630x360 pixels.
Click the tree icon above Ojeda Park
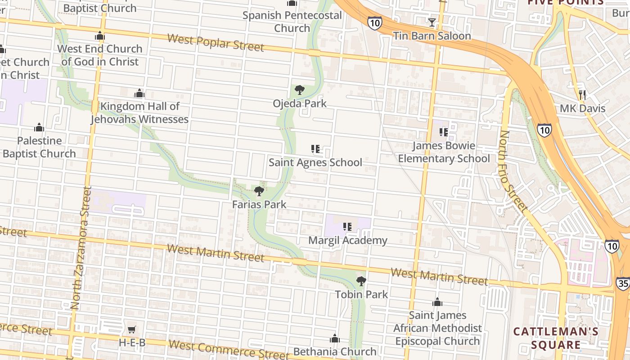pos(300,90)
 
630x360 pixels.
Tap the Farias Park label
pos(259,204)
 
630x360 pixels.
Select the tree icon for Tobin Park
pos(361,281)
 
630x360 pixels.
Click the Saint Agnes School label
pos(315,162)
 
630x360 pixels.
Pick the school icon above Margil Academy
pos(347,227)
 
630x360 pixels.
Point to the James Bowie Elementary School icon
pos(443,132)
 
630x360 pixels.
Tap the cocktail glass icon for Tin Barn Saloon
pos(432,22)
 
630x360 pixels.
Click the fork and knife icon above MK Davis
pos(583,95)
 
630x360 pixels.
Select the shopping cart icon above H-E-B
pos(132,330)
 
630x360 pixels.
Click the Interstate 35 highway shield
pos(623,283)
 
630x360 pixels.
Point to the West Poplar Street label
pos(216,42)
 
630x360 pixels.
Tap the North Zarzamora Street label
pos(81,247)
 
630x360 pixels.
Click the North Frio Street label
pos(513,171)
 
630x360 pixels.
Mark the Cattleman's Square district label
pos(556,338)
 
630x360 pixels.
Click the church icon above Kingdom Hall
pos(139,93)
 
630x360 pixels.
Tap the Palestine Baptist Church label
pos(39,147)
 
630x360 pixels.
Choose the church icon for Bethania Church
pos(335,338)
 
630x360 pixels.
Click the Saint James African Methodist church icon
pos(437,302)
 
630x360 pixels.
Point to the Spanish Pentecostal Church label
pos(292,22)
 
